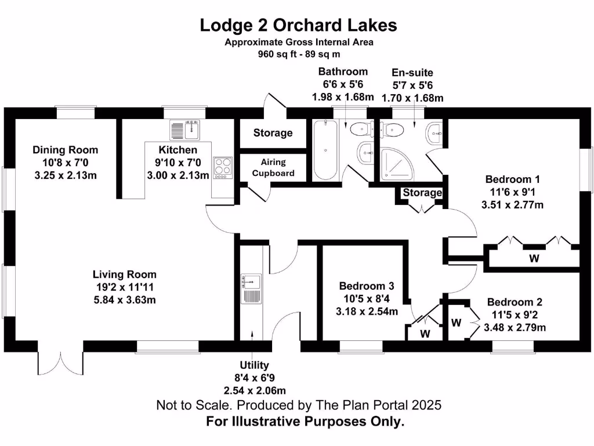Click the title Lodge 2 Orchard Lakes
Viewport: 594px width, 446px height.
(298, 25)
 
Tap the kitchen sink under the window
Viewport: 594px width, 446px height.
(185, 131)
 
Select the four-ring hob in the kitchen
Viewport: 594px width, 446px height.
(222, 167)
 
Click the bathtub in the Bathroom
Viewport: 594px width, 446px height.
(324, 149)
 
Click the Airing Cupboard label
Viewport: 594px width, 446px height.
(273, 167)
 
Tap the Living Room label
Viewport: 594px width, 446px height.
(124, 275)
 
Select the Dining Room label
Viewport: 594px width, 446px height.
(65, 150)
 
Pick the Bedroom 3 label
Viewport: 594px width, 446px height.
(367, 286)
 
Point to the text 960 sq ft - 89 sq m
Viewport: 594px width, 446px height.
(298, 54)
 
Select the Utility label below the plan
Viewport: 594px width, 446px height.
(255, 365)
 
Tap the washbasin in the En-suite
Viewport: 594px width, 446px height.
(433, 134)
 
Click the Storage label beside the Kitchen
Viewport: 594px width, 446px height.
(273, 133)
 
